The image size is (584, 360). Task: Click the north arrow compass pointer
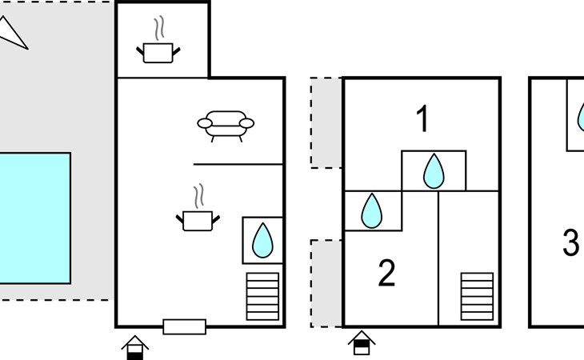[x=13, y=33]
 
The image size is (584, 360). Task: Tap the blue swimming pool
[x=34, y=218]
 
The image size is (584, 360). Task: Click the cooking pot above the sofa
[x=160, y=49]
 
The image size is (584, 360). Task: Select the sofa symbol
[x=226, y=125]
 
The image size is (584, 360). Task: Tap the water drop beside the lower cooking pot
[x=262, y=239]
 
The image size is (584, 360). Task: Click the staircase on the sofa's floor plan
[x=262, y=296]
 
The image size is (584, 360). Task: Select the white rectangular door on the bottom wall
[x=185, y=326]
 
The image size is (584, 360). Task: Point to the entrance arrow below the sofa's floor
[x=135, y=347]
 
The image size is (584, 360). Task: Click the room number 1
[x=422, y=120]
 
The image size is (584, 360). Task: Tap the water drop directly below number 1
[x=433, y=170]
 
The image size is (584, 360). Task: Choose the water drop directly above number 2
[x=371, y=210]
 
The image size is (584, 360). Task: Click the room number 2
[x=386, y=274]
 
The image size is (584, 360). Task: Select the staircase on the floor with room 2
[x=477, y=296]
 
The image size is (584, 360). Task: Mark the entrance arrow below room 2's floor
[x=362, y=343]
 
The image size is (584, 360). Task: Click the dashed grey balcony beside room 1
[x=327, y=122]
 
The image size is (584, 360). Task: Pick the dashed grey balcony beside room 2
[x=327, y=283]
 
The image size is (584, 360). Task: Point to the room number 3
[x=570, y=242]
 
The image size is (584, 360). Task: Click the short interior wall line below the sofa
[x=238, y=164]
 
